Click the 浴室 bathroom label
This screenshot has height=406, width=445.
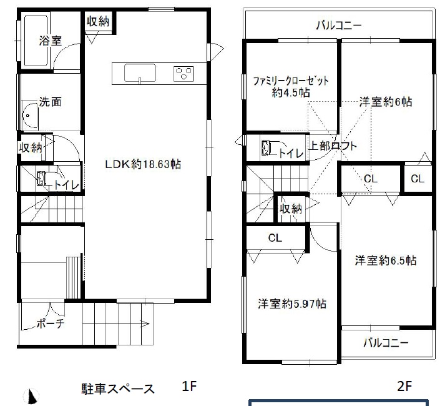(50, 41)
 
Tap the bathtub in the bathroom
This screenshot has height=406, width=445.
(36, 41)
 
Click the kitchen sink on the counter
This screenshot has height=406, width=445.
(140, 73)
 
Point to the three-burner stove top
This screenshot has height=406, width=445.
(183, 74)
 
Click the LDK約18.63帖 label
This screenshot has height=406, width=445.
(143, 164)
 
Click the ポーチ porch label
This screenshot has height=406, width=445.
(50, 324)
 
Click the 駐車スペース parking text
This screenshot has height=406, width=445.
(118, 389)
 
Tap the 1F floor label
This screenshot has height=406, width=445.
(189, 386)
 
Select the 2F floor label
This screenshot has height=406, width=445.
(404, 386)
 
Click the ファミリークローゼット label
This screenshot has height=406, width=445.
(291, 82)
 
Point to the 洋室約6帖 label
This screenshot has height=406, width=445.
(386, 102)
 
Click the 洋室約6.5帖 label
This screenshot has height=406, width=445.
(386, 260)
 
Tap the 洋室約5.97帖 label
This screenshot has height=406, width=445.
(292, 304)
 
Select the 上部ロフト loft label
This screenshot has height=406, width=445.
(332, 146)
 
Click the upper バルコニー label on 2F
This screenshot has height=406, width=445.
(339, 26)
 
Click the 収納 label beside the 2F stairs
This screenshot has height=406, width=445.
(291, 209)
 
